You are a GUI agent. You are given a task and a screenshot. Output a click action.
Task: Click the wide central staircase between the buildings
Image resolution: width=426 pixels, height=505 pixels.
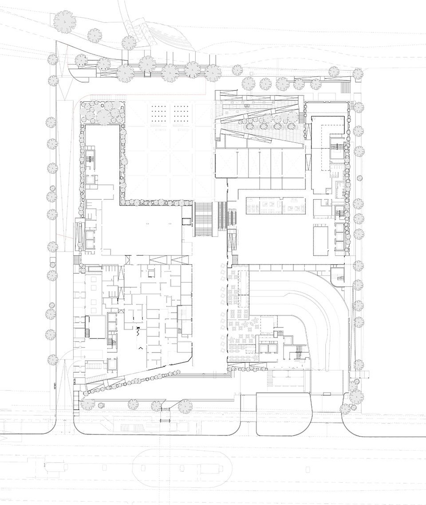click(206, 219)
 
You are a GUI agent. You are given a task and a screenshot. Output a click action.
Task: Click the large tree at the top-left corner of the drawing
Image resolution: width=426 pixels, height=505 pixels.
click(64, 21)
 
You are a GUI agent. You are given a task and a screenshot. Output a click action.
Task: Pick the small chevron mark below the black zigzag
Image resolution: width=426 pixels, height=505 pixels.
click(141, 348)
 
